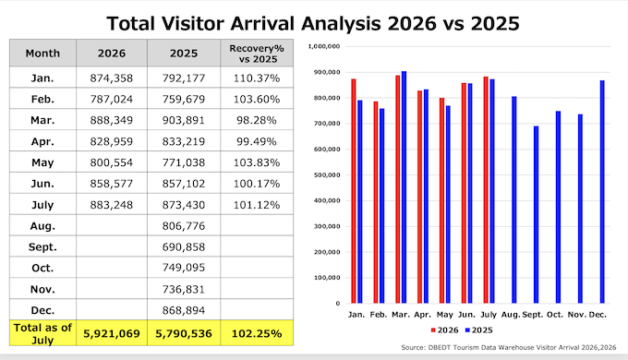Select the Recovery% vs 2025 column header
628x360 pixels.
click(x=257, y=54)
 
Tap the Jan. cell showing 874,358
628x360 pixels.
click(x=112, y=78)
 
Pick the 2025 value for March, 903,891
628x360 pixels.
click(x=184, y=120)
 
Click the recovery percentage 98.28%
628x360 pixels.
click(x=257, y=120)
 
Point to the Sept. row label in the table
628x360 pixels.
click(x=42, y=247)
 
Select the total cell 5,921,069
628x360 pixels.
click(x=112, y=333)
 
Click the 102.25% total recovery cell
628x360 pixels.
click(x=257, y=333)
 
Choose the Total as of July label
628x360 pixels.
click(x=42, y=333)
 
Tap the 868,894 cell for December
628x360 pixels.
click(x=184, y=310)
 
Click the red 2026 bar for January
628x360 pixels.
click(x=354, y=191)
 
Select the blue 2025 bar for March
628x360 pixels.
click(x=404, y=187)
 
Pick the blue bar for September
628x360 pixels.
click(x=536, y=215)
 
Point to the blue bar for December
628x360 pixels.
click(x=602, y=192)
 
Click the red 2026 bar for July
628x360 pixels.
click(x=486, y=190)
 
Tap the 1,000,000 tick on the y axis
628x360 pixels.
click(x=324, y=46)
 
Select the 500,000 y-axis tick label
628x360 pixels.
click(x=327, y=175)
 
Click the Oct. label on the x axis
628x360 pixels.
click(x=555, y=315)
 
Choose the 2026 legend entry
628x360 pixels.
click(x=444, y=330)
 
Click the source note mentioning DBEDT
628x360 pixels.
click(x=509, y=348)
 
